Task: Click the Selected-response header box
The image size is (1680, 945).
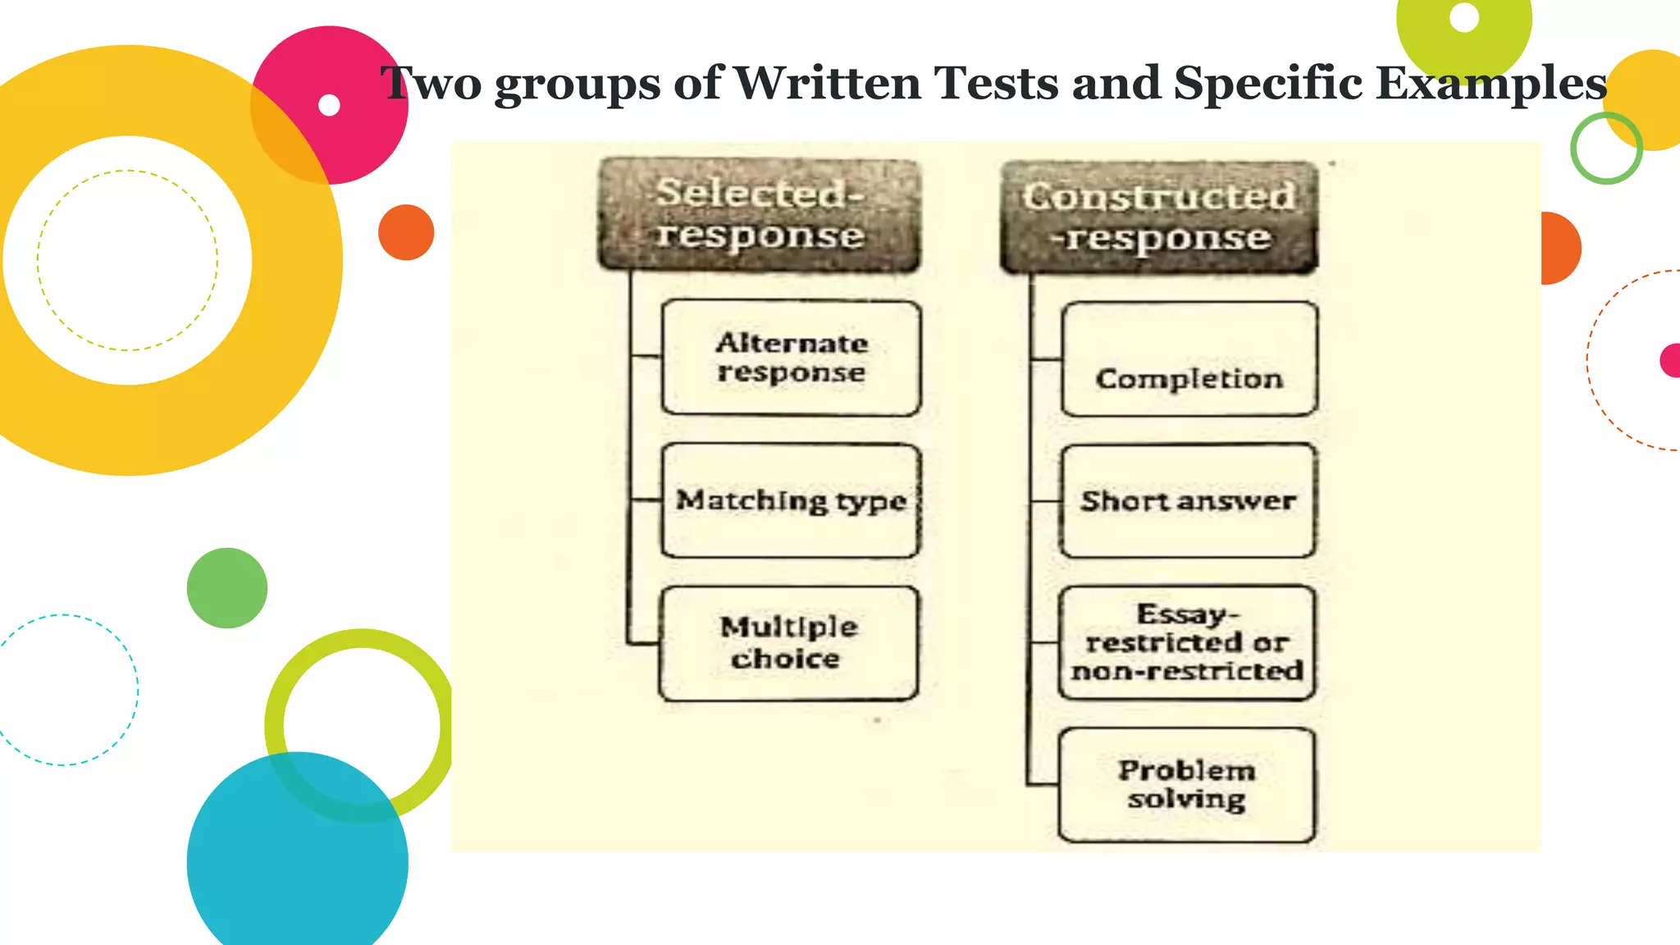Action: click(760, 215)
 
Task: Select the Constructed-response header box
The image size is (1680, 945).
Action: click(1159, 217)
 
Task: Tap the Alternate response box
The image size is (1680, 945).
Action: click(791, 358)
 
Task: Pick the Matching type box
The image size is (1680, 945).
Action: click(791, 500)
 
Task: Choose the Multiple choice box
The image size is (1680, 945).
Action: click(788, 643)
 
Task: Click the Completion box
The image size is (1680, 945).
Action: click(1189, 359)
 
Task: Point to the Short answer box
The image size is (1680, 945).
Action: click(1188, 500)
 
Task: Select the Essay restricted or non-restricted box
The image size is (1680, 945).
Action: click(1187, 642)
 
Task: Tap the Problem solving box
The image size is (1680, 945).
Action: click(1186, 784)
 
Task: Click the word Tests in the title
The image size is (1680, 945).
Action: click(997, 83)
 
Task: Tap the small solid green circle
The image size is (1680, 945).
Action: click(227, 588)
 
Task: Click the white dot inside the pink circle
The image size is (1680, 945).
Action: click(329, 105)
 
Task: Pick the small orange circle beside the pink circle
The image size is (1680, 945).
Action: click(406, 232)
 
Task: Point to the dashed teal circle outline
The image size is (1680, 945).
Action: click(138, 689)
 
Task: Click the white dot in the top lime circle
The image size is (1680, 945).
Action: click(1464, 17)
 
